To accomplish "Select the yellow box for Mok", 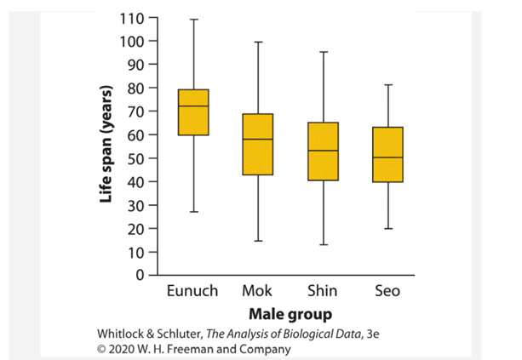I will coord(257,144).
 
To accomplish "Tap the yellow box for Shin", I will coord(323,151).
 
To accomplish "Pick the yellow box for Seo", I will coord(387,154).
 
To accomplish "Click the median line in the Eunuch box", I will coord(193,106).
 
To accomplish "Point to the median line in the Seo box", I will coord(387,157).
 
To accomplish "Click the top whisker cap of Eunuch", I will coord(193,19).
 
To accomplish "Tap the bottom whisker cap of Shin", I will coord(323,245).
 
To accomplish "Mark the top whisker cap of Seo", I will coord(387,85).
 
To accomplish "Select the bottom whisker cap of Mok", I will coord(257,241).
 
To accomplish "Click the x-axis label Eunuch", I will coord(193,291).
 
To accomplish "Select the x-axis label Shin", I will coord(323,291).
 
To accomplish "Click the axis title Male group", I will coord(290,313).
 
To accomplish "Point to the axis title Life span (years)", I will coord(106,146).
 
